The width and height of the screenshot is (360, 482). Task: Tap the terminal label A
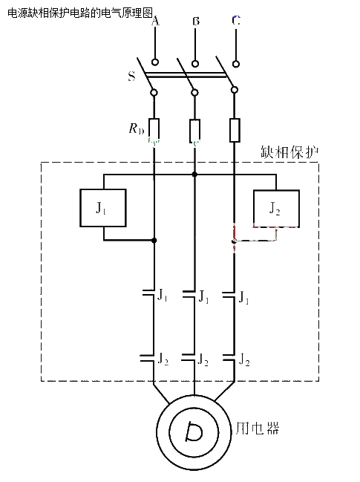pyautogui.click(x=155, y=22)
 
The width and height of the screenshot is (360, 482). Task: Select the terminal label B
pyautogui.click(x=196, y=21)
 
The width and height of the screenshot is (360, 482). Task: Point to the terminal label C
pyautogui.click(x=236, y=20)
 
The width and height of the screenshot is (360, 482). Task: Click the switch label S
pyautogui.click(x=131, y=76)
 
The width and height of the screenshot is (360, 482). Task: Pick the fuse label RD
pyautogui.click(x=136, y=128)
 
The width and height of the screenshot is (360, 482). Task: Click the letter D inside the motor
pyautogui.click(x=194, y=432)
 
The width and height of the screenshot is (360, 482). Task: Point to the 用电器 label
pyautogui.click(x=258, y=429)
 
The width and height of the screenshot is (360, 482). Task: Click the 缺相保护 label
pyautogui.click(x=289, y=152)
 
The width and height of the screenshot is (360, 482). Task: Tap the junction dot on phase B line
pyautogui.click(x=194, y=175)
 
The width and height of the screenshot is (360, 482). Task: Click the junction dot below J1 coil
pyautogui.click(x=154, y=240)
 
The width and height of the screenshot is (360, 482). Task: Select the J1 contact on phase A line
pyautogui.click(x=148, y=293)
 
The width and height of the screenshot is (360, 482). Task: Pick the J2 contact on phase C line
pyautogui.click(x=229, y=358)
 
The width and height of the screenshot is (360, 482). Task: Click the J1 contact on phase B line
pyautogui.click(x=189, y=294)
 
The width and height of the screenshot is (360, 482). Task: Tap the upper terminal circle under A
pyautogui.click(x=155, y=62)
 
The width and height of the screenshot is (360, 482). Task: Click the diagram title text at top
pyautogui.click(x=80, y=13)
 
